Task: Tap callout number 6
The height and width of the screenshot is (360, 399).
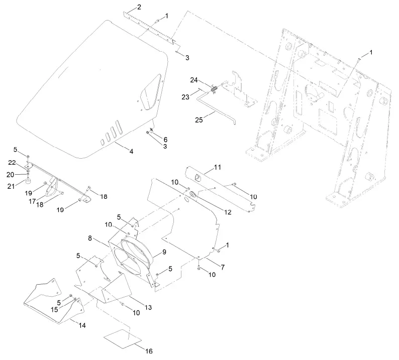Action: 165,139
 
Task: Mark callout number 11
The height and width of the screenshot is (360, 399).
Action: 218,166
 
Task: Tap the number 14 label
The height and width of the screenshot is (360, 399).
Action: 81,325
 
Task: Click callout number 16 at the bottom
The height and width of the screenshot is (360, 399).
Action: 149,350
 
